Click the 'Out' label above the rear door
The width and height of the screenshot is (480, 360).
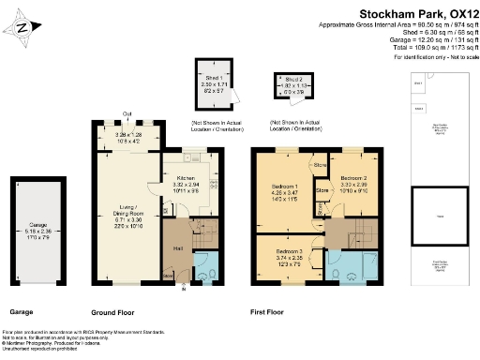click(x=127, y=116)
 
